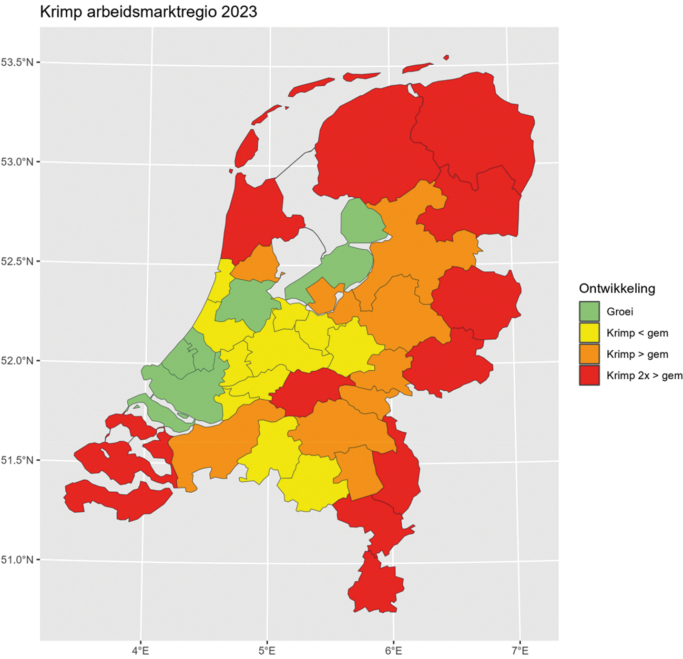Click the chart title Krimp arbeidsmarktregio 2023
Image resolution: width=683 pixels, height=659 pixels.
click(x=148, y=12)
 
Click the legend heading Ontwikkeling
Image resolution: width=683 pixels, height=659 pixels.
click(x=617, y=288)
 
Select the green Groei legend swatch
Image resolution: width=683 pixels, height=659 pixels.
click(x=589, y=311)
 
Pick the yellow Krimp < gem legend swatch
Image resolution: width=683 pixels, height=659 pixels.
click(x=589, y=333)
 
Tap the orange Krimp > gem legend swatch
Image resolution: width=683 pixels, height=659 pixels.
click(x=589, y=354)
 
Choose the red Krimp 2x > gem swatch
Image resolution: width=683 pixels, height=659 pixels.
click(x=589, y=376)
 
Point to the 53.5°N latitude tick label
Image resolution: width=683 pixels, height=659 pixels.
click(x=17, y=63)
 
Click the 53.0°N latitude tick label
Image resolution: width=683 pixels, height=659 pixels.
click(x=17, y=162)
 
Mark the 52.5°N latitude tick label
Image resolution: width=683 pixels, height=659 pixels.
click(x=17, y=261)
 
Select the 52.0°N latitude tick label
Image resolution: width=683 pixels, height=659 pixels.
click(x=17, y=361)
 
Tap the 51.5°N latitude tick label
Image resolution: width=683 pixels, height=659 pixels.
click(x=17, y=460)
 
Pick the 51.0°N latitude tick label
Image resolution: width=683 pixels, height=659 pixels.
click(x=17, y=560)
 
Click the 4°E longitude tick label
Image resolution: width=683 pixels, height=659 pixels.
click(x=140, y=651)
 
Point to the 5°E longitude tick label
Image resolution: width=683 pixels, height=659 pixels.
click(x=267, y=651)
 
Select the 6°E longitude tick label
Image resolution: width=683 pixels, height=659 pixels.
click(x=393, y=651)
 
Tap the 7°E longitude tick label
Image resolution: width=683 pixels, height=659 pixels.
click(x=520, y=651)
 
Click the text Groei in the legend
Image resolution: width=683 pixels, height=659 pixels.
click(x=620, y=311)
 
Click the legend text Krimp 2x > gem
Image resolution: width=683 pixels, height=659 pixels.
click(x=645, y=376)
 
